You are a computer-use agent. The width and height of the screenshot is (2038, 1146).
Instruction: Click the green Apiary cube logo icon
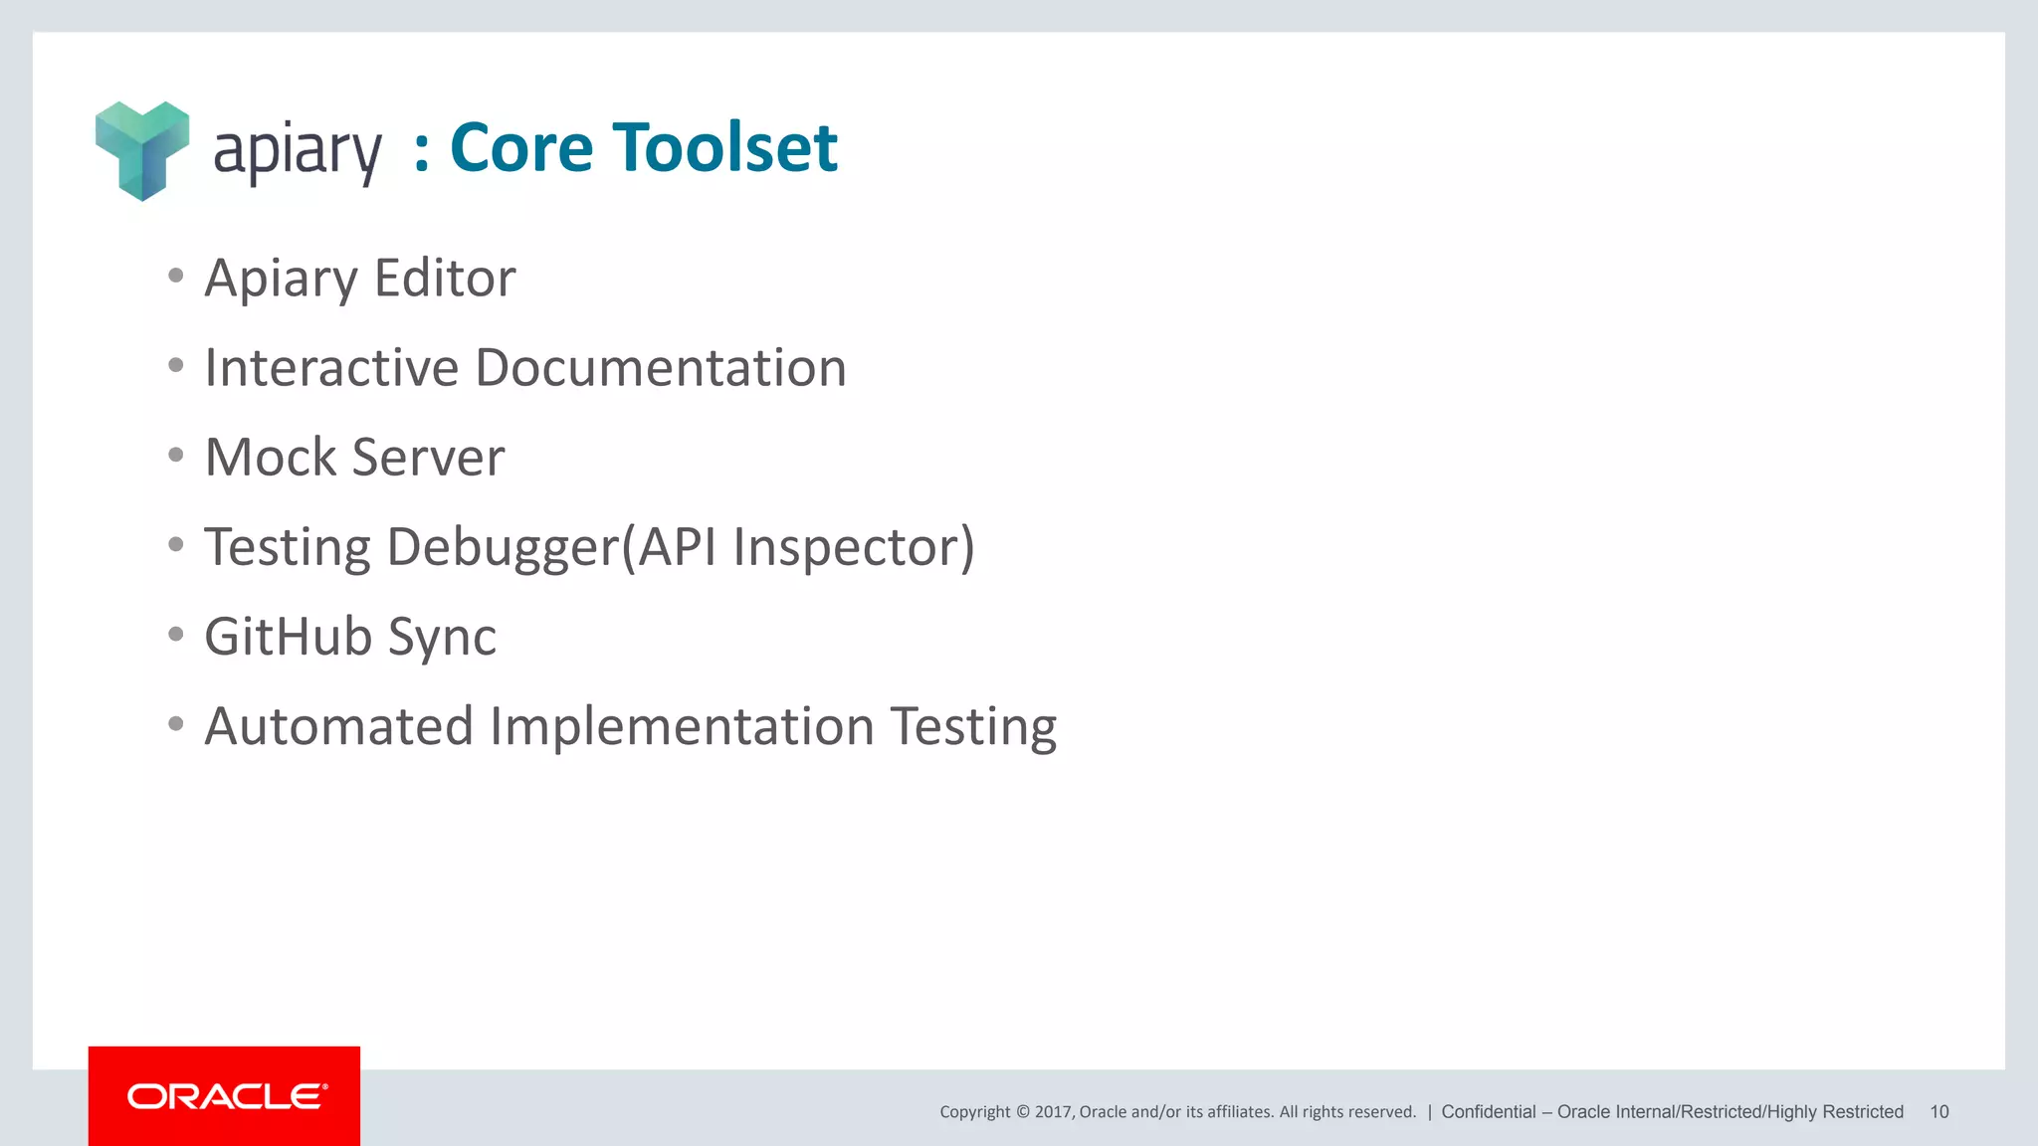click(x=142, y=150)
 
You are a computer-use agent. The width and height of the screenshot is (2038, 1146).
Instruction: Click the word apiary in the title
click(x=297, y=151)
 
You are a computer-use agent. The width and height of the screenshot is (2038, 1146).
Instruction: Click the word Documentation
click(x=661, y=367)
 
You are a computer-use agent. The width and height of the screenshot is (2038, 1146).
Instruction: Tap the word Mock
click(x=270, y=457)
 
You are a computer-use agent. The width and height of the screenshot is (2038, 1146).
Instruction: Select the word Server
click(x=428, y=457)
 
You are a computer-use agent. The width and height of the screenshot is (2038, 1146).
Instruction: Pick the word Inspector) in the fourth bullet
click(x=853, y=547)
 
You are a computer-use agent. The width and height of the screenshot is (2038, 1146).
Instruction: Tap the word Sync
click(x=442, y=638)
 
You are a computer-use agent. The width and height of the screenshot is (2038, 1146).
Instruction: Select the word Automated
click(x=338, y=725)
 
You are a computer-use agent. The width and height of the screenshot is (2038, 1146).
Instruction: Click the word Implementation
click(x=681, y=725)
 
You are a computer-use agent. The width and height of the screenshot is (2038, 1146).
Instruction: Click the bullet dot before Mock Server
click(x=176, y=456)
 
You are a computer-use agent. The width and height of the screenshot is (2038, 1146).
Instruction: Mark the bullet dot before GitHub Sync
click(x=176, y=635)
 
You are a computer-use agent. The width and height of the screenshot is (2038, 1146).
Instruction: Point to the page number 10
click(x=1938, y=1112)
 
